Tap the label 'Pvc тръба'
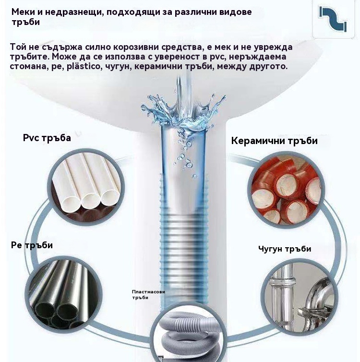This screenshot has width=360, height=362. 47,138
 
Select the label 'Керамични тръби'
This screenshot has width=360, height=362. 274,141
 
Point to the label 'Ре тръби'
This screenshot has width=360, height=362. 32,245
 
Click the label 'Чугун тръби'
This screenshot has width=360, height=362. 285,249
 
